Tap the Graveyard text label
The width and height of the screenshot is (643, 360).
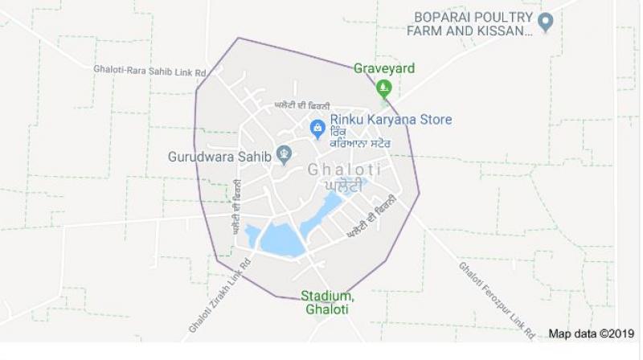pos(384,68)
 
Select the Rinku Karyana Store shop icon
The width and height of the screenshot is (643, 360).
pos(318,128)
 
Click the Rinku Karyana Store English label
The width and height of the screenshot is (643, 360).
pos(391,120)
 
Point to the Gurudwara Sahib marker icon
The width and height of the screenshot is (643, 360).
pos(283,154)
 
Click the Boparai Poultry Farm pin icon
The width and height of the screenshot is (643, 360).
pos(546,23)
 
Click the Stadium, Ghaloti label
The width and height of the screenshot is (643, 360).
pos(327,303)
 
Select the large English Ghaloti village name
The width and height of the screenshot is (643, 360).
pos(344,170)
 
